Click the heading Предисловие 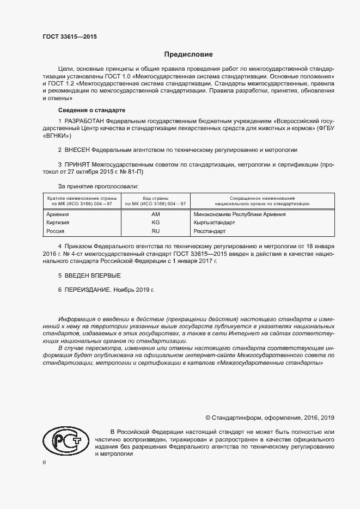(189, 54)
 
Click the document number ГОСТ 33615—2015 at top (70, 38)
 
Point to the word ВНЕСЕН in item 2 (77, 149)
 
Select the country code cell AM (155, 214)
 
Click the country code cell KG (155, 223)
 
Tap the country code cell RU (155, 231)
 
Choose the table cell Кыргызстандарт (214, 223)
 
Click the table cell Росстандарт (210, 231)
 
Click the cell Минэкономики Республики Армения (240, 214)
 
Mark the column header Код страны (155, 198)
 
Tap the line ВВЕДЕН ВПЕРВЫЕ (88, 276)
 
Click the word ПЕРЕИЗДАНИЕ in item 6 (87, 290)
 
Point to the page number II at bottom (45, 462)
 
